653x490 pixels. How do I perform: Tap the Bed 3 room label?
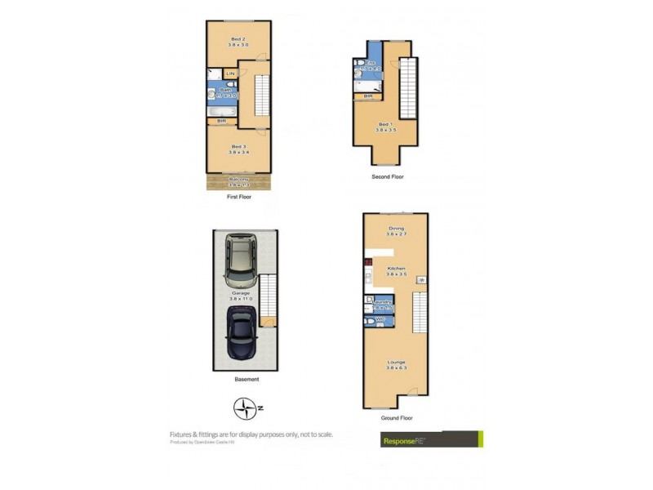[x=238, y=149]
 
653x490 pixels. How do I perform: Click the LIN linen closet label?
[x=230, y=74]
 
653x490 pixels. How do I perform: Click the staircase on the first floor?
[x=262, y=94]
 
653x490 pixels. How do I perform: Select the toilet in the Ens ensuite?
[x=359, y=66]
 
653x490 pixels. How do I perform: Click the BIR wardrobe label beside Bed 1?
[x=368, y=96]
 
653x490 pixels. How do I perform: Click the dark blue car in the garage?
[x=242, y=332]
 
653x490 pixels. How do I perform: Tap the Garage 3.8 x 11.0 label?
[x=240, y=296]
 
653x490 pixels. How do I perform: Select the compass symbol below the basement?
[x=245, y=407]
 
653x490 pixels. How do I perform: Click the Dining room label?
[x=396, y=231]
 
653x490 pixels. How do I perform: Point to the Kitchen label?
[x=396, y=271]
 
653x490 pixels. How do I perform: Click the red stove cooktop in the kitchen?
[x=368, y=263]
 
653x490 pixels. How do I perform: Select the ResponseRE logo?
[x=432, y=439]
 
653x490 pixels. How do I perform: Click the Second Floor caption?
[x=387, y=176]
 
